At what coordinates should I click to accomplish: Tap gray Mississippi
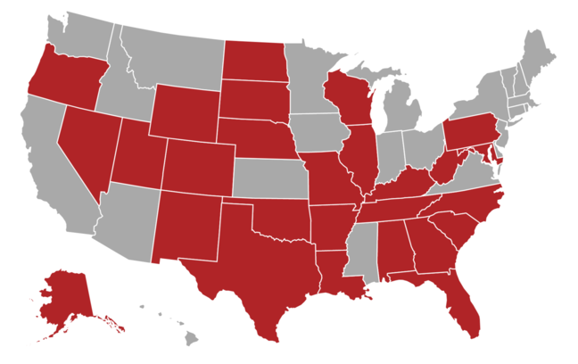pyautogui.click(x=362, y=250)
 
